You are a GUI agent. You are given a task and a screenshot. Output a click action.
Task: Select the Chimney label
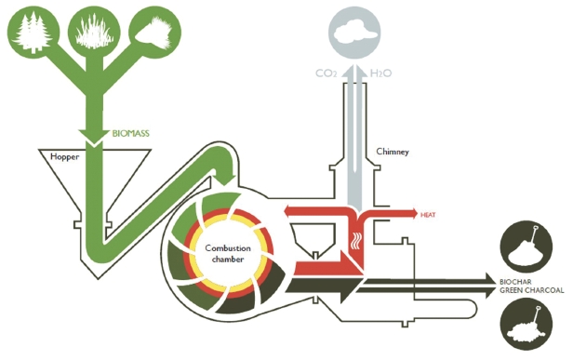coord(391,151)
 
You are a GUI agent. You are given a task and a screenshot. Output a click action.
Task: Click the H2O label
coord(380,73)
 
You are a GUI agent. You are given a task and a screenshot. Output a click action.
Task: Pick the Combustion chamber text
coord(228,252)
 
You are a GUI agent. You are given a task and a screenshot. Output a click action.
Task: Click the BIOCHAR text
coord(517,280)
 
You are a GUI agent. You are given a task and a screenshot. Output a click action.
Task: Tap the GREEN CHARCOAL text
coord(532,290)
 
